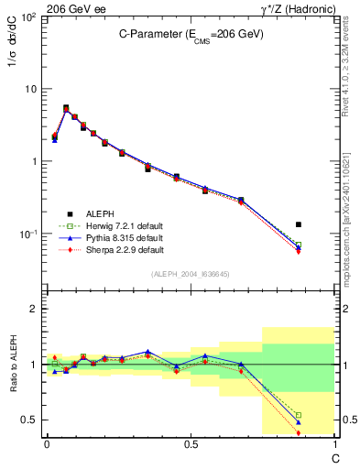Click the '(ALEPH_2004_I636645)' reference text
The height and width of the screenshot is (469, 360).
190,274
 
